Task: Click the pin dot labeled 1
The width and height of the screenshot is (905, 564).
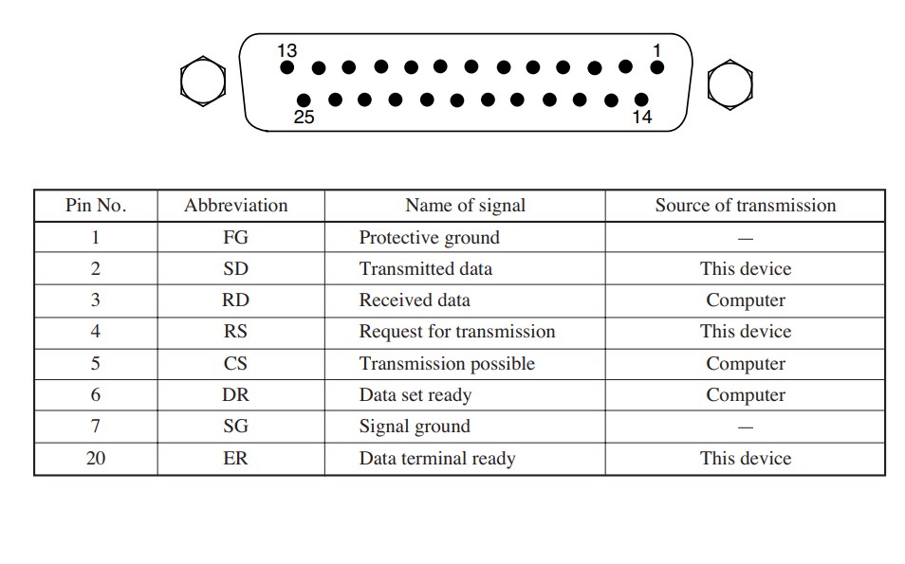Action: tap(656, 67)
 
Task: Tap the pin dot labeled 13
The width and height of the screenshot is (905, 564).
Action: tap(286, 67)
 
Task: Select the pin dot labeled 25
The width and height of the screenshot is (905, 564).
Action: tap(304, 100)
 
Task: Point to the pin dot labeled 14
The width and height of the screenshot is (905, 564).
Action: tap(641, 100)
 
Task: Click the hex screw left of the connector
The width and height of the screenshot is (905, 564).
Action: tap(203, 82)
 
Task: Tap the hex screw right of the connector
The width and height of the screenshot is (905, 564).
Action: tap(730, 84)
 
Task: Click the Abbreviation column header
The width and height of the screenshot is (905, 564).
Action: tap(236, 206)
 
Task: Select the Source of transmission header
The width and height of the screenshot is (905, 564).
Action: tap(745, 206)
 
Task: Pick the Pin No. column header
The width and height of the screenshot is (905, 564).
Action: tap(96, 206)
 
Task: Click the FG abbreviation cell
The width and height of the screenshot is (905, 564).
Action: tap(235, 237)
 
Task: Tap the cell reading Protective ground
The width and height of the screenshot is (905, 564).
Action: tap(430, 238)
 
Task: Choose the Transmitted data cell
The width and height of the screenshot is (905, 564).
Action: tap(426, 269)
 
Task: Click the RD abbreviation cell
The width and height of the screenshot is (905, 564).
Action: tap(235, 300)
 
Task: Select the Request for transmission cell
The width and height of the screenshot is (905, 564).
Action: tap(457, 332)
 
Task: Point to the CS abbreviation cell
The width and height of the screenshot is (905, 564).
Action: tap(235, 363)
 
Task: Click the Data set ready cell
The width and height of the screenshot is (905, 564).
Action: tap(416, 395)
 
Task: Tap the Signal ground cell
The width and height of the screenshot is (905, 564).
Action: tap(415, 427)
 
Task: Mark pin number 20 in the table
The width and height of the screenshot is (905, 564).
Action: tap(96, 458)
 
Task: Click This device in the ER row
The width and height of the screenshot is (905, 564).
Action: tap(746, 458)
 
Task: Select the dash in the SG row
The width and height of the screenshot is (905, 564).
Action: tap(746, 428)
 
